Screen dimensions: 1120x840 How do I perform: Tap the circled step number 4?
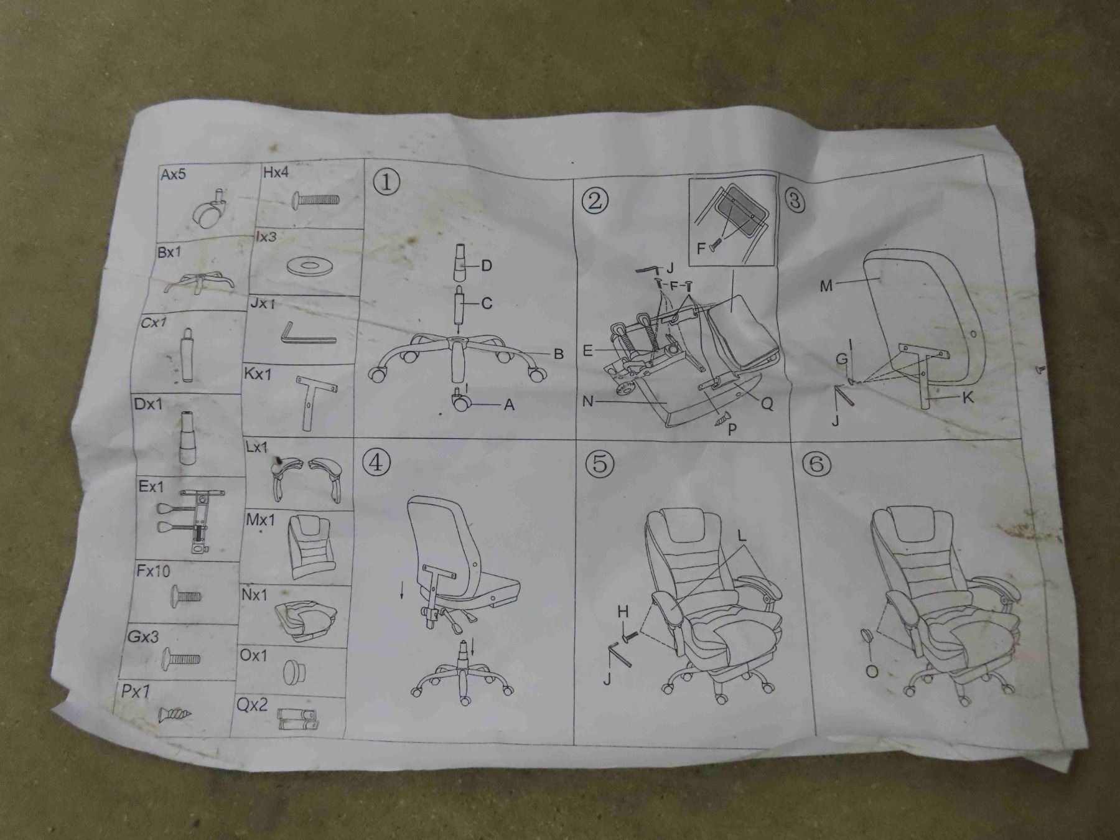380,462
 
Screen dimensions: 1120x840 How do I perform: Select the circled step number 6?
816,464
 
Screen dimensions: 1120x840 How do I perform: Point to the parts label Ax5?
173,174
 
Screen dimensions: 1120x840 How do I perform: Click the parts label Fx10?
153,570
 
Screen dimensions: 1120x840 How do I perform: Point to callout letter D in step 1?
487,266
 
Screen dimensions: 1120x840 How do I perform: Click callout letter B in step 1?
558,354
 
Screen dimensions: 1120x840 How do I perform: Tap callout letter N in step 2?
588,401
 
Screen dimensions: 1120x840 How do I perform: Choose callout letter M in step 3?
826,286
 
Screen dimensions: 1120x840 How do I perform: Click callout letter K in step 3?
968,398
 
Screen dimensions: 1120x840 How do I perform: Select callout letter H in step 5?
623,612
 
